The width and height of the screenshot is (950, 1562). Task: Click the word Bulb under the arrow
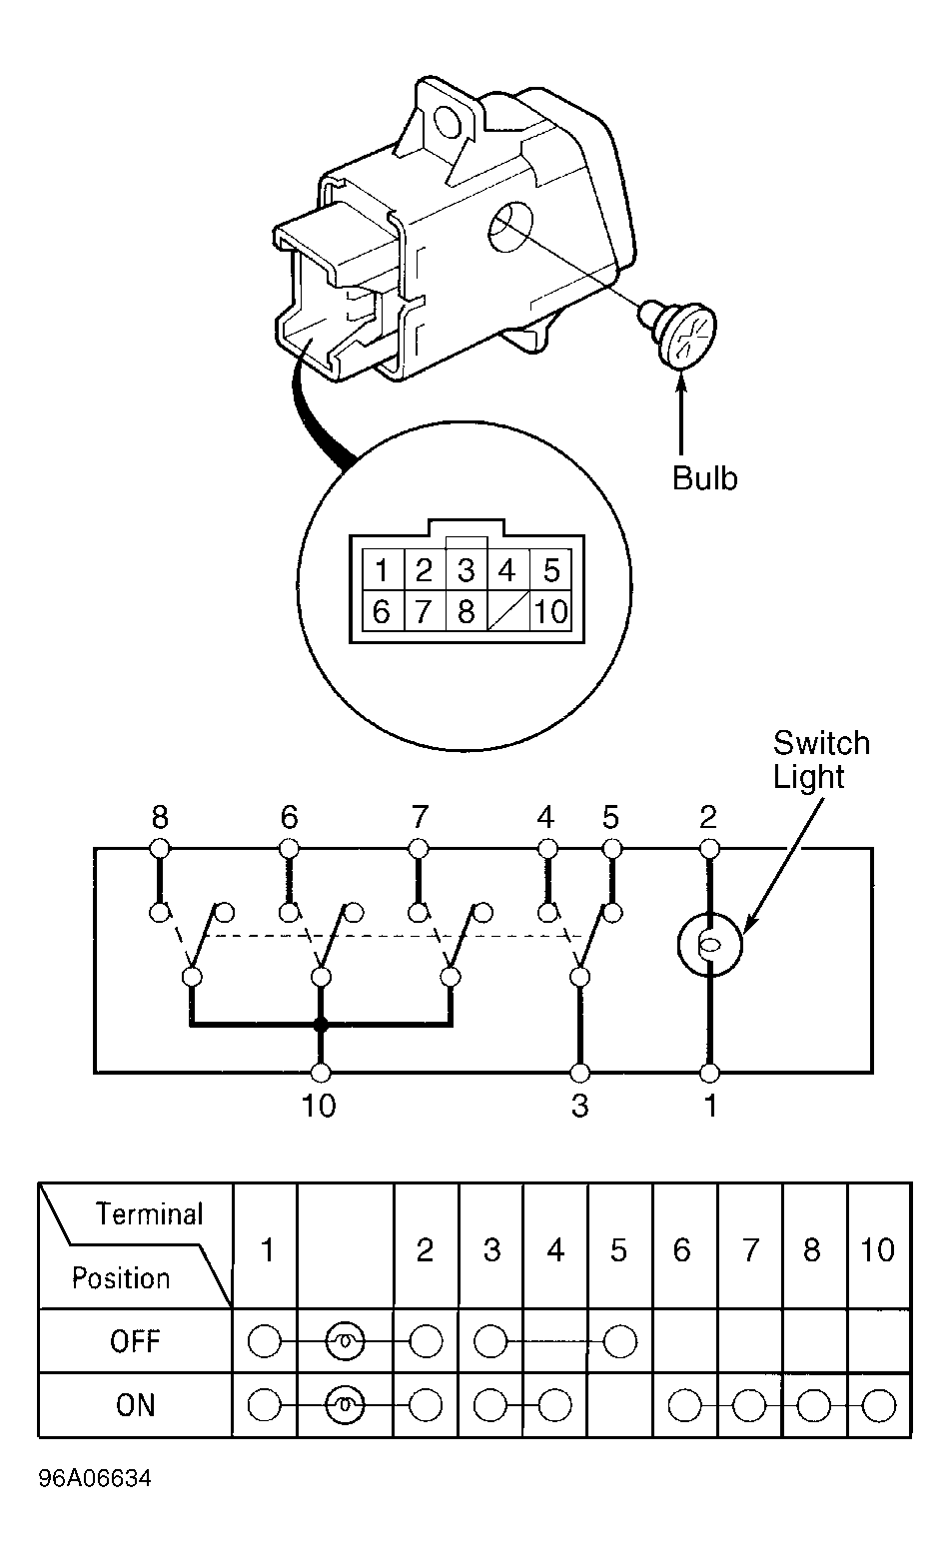tap(704, 478)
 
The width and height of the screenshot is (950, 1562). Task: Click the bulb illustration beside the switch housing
tap(679, 332)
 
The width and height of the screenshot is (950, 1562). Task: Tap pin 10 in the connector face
tap(551, 611)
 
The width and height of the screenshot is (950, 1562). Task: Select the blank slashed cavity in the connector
tap(508, 611)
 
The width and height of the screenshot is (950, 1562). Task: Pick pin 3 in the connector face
tap(466, 570)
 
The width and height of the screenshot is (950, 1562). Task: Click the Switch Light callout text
tap(821, 759)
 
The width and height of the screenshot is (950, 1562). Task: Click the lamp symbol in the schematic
tap(710, 945)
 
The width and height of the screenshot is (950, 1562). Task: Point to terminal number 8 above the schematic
tap(160, 817)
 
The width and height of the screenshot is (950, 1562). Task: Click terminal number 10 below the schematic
tap(319, 1106)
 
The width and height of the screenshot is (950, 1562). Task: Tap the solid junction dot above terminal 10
tap(320, 1025)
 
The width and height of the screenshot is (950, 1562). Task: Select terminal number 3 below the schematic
tap(579, 1106)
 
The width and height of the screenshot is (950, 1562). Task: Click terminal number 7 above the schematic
tap(420, 817)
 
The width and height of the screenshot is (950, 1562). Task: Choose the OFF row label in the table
tap(135, 1340)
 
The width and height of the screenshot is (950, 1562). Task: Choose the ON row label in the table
tap(135, 1404)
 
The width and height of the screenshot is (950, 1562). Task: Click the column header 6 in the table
tap(682, 1249)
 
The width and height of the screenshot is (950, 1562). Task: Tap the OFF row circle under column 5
tap(620, 1341)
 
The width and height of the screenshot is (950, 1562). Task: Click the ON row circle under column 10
tap(879, 1405)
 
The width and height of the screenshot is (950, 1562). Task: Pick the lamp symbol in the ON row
tap(345, 1405)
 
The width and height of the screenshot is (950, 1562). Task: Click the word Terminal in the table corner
tap(149, 1214)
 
